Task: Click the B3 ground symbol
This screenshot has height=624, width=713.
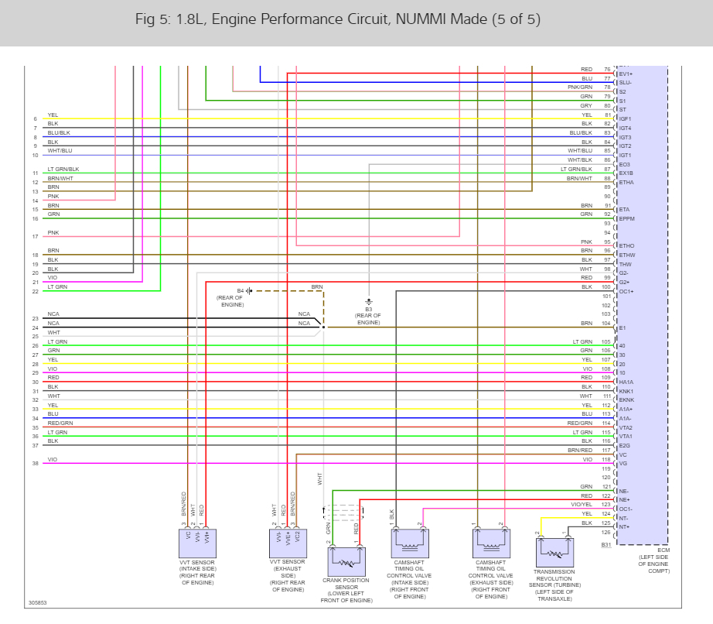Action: coord(369,300)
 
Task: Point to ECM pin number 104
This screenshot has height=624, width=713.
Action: coord(606,323)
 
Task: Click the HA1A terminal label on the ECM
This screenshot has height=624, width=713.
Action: coord(626,382)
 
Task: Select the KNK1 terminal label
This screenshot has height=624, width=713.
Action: coord(626,392)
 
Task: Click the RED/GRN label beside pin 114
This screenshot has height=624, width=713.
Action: coord(580,423)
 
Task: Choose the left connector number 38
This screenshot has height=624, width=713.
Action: coord(35,464)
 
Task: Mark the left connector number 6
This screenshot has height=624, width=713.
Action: coord(35,118)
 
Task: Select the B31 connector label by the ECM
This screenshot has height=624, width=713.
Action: coord(606,544)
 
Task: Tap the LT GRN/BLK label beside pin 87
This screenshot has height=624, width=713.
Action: coord(576,169)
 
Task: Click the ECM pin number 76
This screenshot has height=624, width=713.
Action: coord(607,70)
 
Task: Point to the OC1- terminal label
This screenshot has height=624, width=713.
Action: coord(626,509)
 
